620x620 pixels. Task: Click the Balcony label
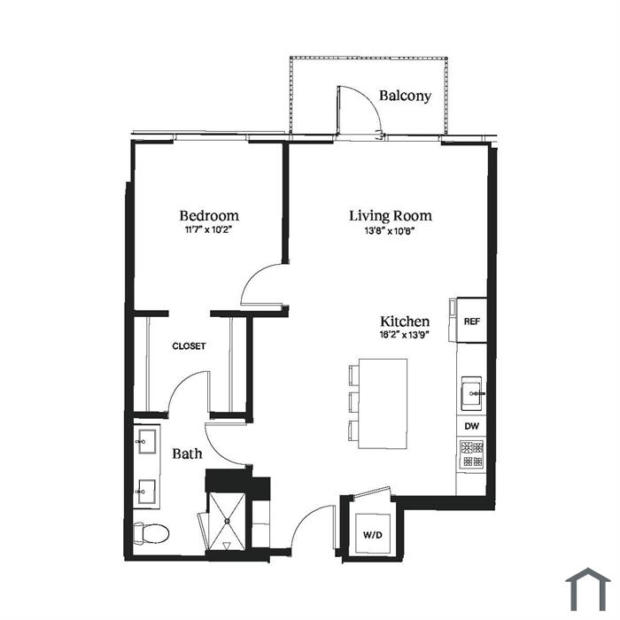click(405, 96)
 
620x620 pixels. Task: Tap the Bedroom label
click(209, 215)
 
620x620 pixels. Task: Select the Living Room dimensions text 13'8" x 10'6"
click(390, 231)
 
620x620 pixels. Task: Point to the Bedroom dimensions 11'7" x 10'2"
click(208, 229)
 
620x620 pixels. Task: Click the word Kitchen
click(405, 321)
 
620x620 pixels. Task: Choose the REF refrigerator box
click(472, 321)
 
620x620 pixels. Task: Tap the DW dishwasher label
click(472, 426)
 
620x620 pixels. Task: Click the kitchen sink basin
click(472, 393)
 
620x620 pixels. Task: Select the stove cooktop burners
click(472, 453)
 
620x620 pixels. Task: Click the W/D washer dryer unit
click(373, 534)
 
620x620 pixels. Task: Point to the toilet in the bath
click(151, 533)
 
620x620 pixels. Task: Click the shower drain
click(228, 521)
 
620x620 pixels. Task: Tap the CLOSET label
click(189, 346)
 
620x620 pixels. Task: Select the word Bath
click(188, 453)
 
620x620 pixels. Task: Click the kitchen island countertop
click(383, 403)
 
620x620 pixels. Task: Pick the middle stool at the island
click(354, 402)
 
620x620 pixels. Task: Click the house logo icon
click(588, 590)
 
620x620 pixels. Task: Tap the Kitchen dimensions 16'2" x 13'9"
click(405, 336)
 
